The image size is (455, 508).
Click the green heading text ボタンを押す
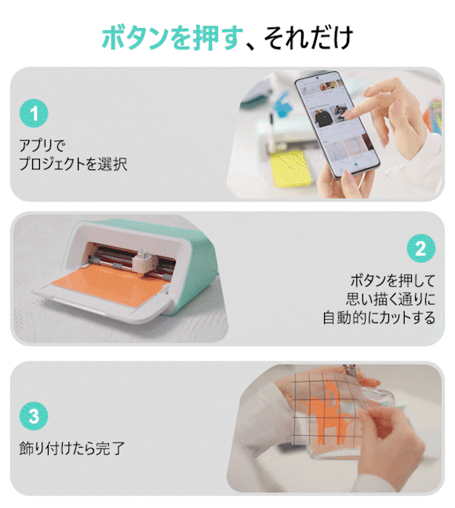coord(173,38)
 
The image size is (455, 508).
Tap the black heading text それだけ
coord(309,38)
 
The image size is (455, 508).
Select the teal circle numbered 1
coord(34,114)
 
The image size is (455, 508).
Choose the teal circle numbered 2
coord(421,249)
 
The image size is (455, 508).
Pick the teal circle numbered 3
coord(34,416)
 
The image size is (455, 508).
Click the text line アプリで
coord(42,146)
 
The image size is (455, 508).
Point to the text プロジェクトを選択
coord(73,164)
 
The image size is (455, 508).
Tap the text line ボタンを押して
coord(393,281)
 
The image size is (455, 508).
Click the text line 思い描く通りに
coord(390,299)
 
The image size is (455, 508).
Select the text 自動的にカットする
coord(379,317)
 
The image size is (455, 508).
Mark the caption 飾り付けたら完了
coord(72,448)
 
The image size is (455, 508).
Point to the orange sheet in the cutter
coord(112,285)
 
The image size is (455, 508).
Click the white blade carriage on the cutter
coord(143,261)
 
